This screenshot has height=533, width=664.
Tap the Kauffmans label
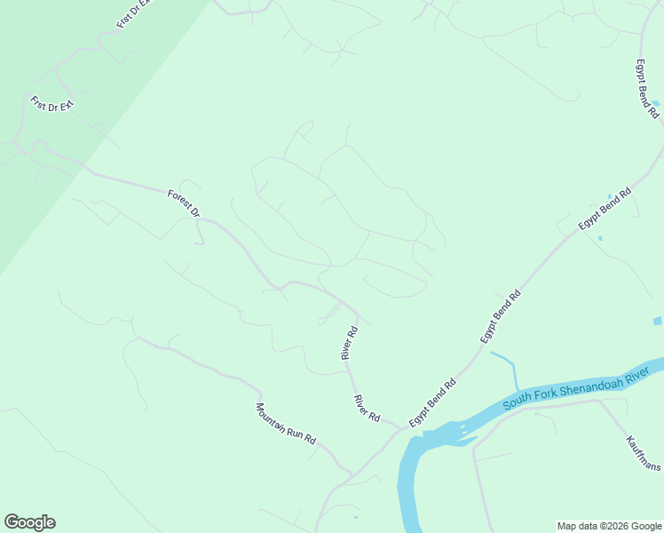[643, 453]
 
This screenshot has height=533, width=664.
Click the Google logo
[29, 522]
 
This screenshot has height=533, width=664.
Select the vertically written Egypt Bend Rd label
[644, 89]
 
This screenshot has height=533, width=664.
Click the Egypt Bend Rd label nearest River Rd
[432, 402]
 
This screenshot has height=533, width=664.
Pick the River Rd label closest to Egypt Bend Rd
[367, 409]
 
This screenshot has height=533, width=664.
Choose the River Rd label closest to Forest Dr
[349, 343]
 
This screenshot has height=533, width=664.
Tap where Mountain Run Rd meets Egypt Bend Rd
[353, 473]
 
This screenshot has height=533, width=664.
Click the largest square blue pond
[658, 320]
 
